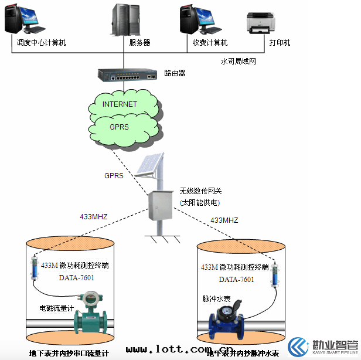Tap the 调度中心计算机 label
click(41, 43)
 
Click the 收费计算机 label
click(210, 43)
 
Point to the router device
click(127, 74)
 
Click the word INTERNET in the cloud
click(120, 104)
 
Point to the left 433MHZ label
click(94, 216)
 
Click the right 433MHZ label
click(224, 220)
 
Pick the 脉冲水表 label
click(217, 298)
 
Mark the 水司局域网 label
click(238, 61)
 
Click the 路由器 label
click(175, 74)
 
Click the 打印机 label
click(280, 43)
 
